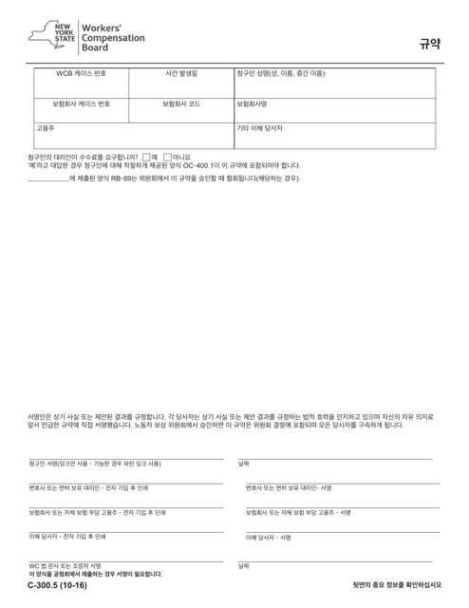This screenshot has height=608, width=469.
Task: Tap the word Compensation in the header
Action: coord(113,37)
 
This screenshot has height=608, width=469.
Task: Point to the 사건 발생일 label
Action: coord(180,74)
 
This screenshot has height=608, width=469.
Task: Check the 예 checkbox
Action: coord(145,157)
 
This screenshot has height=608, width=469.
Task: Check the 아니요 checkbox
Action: coord(168,157)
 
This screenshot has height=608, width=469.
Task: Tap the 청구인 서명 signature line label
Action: coord(94,463)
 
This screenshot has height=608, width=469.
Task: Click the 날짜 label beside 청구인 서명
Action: coord(244,463)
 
